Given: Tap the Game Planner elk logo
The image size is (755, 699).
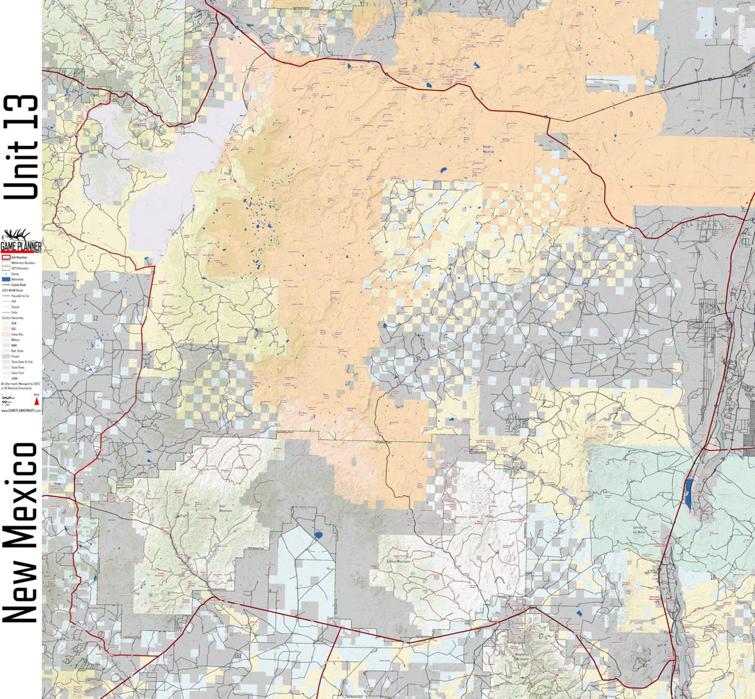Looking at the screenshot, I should click(x=21, y=239).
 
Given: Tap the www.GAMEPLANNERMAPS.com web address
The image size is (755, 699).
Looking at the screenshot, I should click(x=21, y=409).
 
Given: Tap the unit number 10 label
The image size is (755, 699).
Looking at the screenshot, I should click(x=178, y=77).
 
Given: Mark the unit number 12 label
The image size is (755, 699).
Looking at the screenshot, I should click(x=96, y=318).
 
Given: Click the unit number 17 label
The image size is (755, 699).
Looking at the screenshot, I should click(x=540, y=635).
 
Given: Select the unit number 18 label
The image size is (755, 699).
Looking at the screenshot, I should click(x=713, y=576).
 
